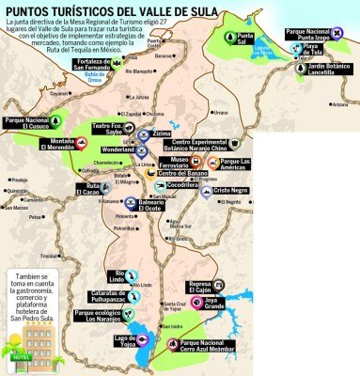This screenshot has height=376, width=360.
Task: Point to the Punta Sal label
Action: pos(244,40)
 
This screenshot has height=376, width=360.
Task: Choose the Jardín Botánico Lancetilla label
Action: pos(331,70)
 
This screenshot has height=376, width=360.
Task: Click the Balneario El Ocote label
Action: pos(161,205)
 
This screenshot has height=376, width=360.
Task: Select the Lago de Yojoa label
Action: pos(126,339)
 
